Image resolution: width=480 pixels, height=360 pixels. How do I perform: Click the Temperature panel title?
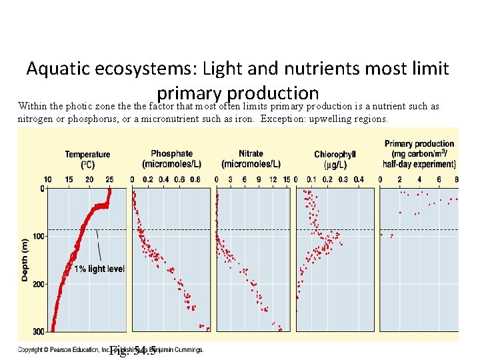87,159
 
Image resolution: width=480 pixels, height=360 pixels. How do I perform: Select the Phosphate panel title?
171,159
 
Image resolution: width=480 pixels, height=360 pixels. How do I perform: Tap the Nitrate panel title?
251,159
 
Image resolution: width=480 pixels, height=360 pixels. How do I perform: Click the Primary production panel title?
419,154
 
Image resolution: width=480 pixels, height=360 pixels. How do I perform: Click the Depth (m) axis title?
25,259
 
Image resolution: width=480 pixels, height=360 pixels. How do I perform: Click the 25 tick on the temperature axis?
110,180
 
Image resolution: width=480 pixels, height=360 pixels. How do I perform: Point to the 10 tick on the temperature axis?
47,180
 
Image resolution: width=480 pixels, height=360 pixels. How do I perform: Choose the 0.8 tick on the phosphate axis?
195,180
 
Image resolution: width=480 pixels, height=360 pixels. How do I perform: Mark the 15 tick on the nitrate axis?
287,180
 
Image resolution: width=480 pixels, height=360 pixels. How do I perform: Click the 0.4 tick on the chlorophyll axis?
359,180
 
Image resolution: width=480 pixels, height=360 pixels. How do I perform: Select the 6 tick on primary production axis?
438,180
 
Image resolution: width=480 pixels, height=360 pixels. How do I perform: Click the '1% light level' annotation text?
99,269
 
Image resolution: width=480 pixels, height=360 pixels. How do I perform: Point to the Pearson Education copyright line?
110,349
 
